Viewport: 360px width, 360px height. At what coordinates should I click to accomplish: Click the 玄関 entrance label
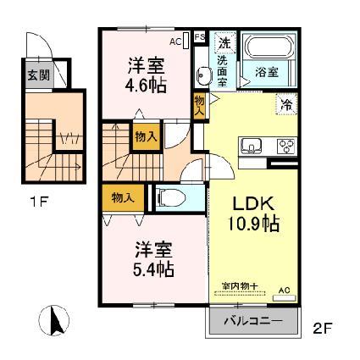click(39, 75)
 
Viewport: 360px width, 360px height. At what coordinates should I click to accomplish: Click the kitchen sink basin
click(251, 147)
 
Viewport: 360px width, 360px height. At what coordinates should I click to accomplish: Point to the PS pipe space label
click(200, 37)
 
